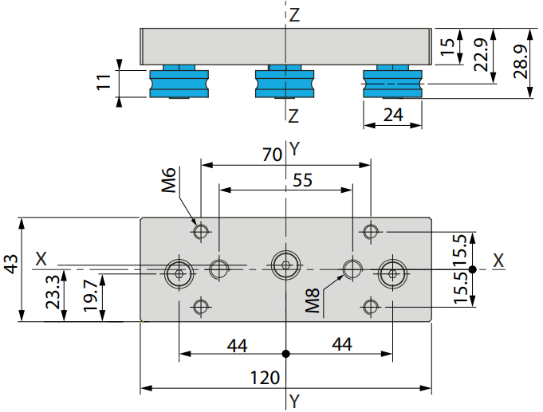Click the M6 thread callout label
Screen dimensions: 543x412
[169, 179]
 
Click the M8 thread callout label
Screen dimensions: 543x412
[313, 300]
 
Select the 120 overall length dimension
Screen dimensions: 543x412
[265, 378]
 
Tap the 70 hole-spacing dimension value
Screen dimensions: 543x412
[272, 155]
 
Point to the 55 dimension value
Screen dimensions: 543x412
[302, 180]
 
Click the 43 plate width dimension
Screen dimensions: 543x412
[10, 264]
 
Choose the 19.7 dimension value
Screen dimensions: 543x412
[91, 296]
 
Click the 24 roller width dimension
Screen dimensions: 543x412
[393, 115]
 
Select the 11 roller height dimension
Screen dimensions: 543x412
[104, 82]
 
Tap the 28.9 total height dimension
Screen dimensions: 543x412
[521, 61]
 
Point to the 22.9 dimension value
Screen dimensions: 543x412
[481, 55]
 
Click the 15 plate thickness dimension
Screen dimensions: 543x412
[447, 47]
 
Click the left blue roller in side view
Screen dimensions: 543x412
[179, 82]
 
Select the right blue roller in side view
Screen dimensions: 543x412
[393, 82]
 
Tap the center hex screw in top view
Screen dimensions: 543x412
[285, 265]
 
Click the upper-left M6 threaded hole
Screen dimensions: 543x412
[201, 231]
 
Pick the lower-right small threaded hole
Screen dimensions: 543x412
[371, 307]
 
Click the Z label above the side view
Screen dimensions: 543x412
[294, 15]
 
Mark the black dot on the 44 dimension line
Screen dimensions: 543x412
[285, 354]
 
